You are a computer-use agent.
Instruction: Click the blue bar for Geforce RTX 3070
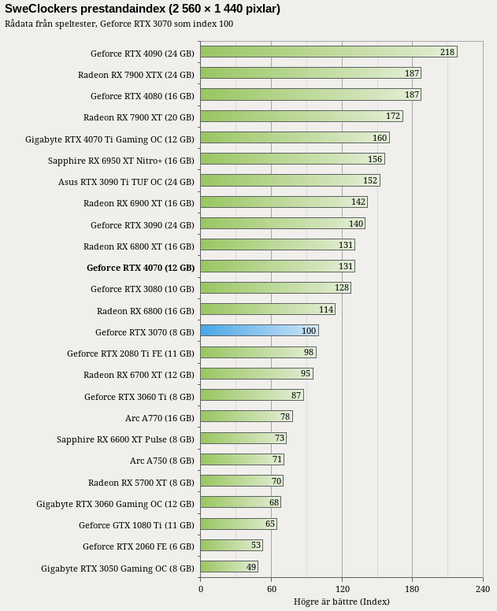260,331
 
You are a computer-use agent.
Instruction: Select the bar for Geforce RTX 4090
329,52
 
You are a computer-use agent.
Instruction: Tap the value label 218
447,52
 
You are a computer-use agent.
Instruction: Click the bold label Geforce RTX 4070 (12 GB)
140,268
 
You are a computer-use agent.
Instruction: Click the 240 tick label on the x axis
483,589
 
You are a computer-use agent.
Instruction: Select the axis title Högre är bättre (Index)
342,602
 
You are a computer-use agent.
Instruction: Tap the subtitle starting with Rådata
119,24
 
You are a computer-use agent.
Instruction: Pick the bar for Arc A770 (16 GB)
247,417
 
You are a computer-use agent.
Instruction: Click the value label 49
251,567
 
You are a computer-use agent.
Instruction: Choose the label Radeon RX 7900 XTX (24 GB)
136,75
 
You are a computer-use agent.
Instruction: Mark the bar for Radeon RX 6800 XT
278,245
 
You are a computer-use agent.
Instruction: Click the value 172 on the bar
393,116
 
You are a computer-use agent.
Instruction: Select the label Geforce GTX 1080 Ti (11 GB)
136,525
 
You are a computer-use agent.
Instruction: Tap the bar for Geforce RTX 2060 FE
232,545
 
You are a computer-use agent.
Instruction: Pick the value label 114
326,309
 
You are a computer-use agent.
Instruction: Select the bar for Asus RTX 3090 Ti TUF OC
291,180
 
